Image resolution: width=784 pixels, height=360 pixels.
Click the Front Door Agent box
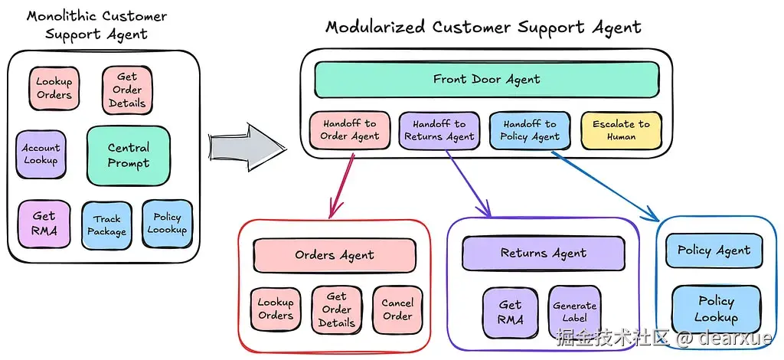(487, 80)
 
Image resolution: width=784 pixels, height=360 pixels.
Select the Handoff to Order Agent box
(350, 130)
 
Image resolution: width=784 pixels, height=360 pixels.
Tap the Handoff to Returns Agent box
(439, 130)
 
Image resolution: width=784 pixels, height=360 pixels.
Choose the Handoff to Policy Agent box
(530, 130)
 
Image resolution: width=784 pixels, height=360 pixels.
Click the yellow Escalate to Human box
(621, 130)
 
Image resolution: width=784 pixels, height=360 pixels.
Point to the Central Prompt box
(128, 155)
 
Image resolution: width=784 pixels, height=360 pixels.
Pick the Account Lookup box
(40, 154)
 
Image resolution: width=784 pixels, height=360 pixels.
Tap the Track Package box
(107, 225)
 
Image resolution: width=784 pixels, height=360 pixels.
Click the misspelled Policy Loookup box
(167, 224)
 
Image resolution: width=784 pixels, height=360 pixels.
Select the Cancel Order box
(397, 309)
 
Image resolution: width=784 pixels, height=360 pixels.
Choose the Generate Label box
(574, 312)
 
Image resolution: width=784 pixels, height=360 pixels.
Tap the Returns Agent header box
(544, 254)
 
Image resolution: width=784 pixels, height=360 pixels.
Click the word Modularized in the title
(376, 28)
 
